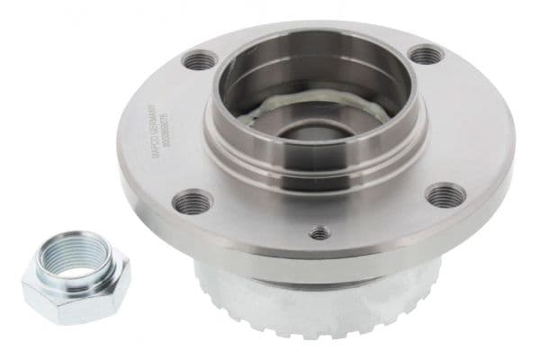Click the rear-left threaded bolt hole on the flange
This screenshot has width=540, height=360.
(199, 61)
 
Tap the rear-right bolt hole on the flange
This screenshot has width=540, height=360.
(426, 54)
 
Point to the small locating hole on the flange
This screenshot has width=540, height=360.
(319, 233)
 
